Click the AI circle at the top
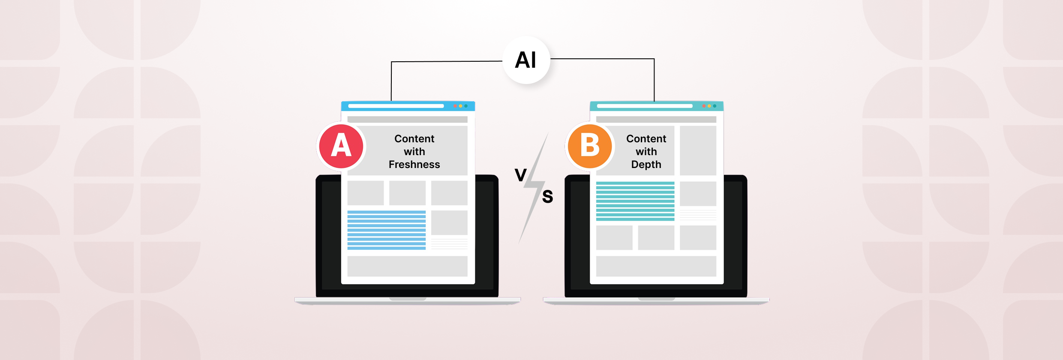pos(526,60)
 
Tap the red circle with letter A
pos(341,146)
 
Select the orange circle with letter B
pos(590,146)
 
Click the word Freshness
pos(414,165)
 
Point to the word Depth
pos(646,165)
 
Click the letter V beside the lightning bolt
pos(520,175)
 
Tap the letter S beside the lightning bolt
pos(547,196)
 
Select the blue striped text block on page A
pos(386,230)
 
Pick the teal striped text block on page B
pos(635,201)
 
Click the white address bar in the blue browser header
pos(396,106)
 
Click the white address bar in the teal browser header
pos(644,106)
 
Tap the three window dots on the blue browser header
pos(460,106)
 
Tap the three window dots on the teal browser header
pos(709,106)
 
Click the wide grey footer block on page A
pos(407,266)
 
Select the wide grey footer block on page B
pos(656,266)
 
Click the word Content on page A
pos(414,139)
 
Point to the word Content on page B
pos(646,139)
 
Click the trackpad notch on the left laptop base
pos(408,299)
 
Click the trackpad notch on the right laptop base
pos(656,299)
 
